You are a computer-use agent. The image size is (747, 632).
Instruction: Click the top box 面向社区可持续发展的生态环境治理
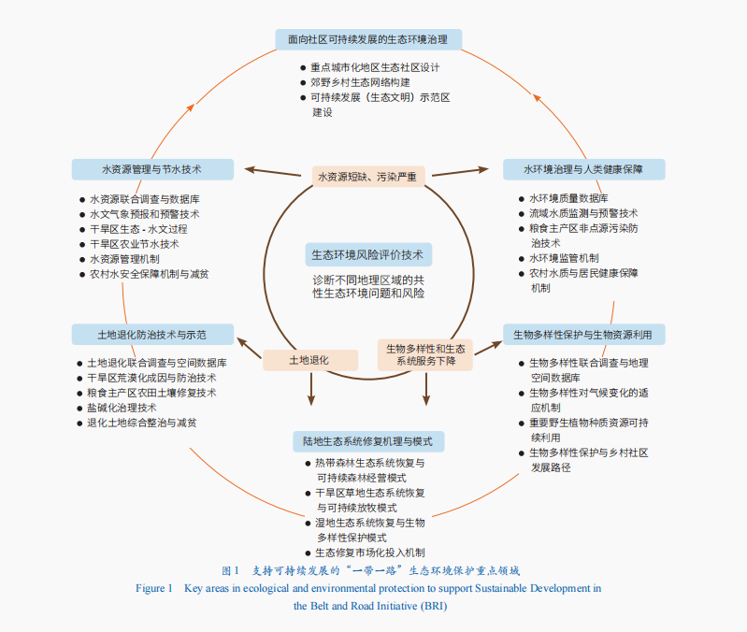click(368, 39)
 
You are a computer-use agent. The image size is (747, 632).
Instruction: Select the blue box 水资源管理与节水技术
click(152, 169)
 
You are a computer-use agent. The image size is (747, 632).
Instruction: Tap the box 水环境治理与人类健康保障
click(583, 169)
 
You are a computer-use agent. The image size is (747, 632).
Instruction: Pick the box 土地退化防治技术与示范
click(152, 335)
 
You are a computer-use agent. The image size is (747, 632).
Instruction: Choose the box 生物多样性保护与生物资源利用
click(583, 335)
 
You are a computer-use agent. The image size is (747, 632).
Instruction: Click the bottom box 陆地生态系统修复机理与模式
click(368, 441)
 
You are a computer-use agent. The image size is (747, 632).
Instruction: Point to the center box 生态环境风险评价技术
click(368, 255)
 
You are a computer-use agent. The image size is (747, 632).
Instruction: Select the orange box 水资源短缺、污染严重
click(368, 177)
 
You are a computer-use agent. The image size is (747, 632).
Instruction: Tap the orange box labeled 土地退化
click(310, 360)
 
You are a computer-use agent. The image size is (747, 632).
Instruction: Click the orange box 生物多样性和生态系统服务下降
click(425, 355)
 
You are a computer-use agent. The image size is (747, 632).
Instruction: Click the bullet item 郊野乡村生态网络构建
click(360, 82)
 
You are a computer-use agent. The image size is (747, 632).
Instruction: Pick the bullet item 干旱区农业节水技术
click(135, 244)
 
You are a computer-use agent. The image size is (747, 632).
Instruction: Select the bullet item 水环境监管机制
click(564, 258)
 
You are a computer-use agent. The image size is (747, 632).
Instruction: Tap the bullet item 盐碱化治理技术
click(122, 408)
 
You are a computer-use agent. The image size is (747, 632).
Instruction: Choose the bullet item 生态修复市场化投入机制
click(370, 553)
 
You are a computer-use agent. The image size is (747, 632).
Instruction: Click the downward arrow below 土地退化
click(311, 389)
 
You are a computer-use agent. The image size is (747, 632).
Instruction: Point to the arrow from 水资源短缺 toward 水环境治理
click(460, 171)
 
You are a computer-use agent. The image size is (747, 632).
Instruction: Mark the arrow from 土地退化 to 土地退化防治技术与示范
click(250, 348)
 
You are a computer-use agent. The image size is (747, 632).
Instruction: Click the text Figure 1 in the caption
click(154, 588)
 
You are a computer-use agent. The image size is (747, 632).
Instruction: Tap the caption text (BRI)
click(434, 606)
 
